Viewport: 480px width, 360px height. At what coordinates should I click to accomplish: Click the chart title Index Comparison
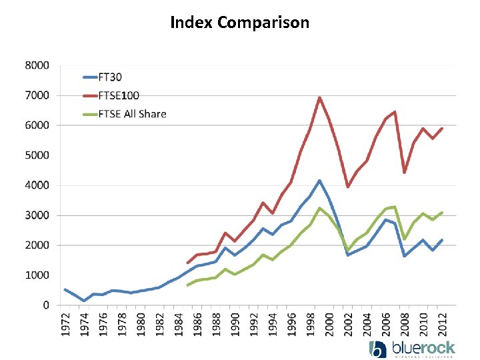(240, 23)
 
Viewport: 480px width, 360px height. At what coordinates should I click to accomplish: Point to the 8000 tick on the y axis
(37, 65)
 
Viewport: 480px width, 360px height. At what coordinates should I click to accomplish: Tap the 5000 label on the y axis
(37, 155)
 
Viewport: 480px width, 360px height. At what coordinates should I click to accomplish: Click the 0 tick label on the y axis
(45, 305)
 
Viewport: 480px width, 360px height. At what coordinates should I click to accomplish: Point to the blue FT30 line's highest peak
(319, 180)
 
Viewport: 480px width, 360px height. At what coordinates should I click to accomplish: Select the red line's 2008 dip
(404, 173)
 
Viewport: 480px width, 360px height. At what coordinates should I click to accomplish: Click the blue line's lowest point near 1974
(84, 301)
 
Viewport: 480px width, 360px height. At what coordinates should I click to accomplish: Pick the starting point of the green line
(187, 285)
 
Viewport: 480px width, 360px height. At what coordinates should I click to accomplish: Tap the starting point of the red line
(187, 263)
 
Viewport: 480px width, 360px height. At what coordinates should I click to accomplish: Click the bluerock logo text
(423, 347)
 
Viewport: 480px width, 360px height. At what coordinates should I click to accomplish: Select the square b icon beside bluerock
(377, 349)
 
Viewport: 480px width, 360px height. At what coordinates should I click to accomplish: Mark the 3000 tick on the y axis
(37, 215)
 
